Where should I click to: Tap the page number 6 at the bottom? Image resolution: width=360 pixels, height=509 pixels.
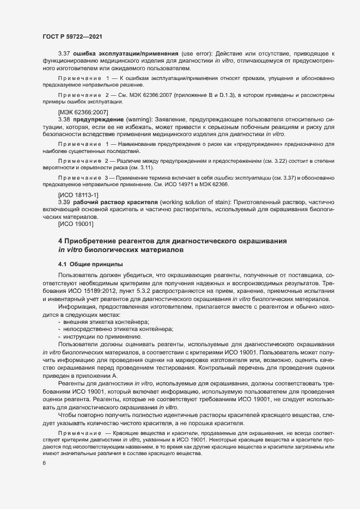tap(44, 463)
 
